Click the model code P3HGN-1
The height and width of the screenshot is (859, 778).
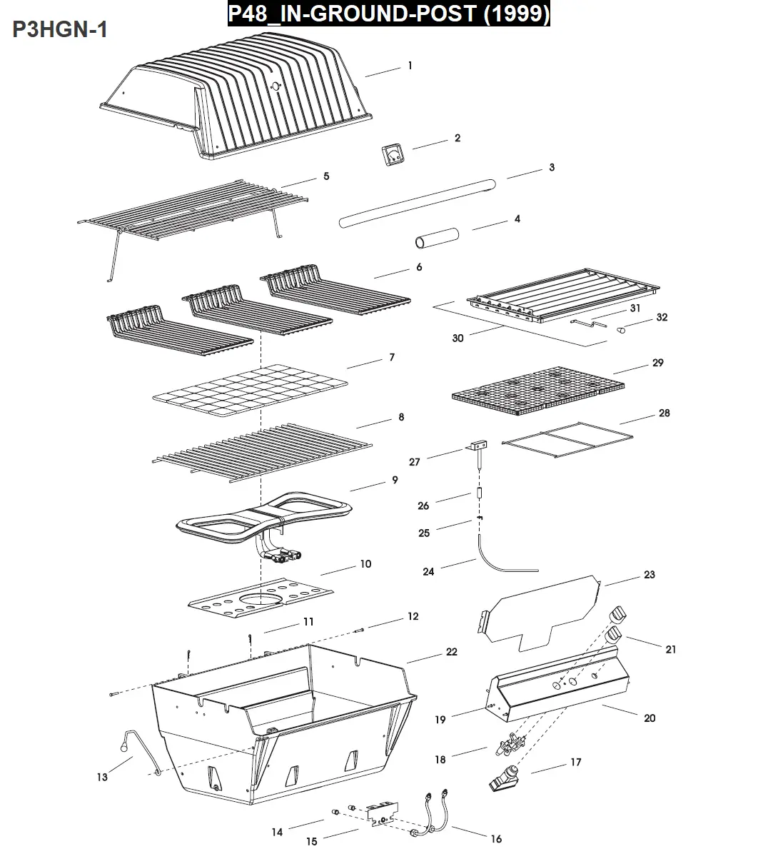click(x=59, y=29)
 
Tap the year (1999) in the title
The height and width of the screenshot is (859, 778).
click(x=516, y=14)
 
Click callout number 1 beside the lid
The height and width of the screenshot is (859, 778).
click(x=410, y=66)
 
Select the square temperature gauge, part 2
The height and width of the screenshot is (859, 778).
click(x=393, y=154)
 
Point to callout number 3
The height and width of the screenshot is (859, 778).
click(x=552, y=167)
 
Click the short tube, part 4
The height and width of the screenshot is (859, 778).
click(x=437, y=238)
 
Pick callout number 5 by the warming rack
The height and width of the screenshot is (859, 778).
click(x=326, y=176)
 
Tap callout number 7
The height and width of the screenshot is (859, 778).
click(x=392, y=357)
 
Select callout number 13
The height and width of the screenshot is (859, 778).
click(x=102, y=777)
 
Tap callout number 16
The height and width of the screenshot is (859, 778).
click(x=496, y=838)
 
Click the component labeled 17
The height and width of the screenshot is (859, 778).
click(x=505, y=778)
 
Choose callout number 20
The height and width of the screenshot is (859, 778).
click(x=650, y=718)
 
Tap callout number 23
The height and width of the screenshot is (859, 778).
click(x=649, y=574)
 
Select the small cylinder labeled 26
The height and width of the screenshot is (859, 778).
click(x=480, y=493)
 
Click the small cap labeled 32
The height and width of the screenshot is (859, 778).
click(x=621, y=330)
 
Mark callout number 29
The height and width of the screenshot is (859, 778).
click(x=657, y=363)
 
